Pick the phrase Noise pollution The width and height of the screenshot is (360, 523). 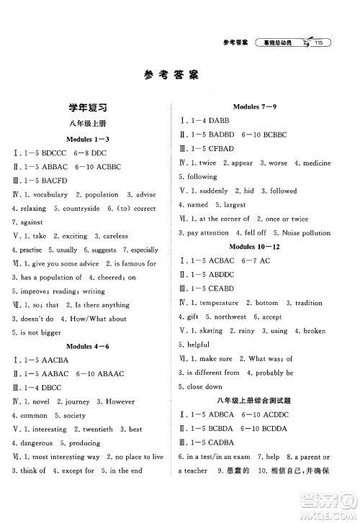tap(303, 233)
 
